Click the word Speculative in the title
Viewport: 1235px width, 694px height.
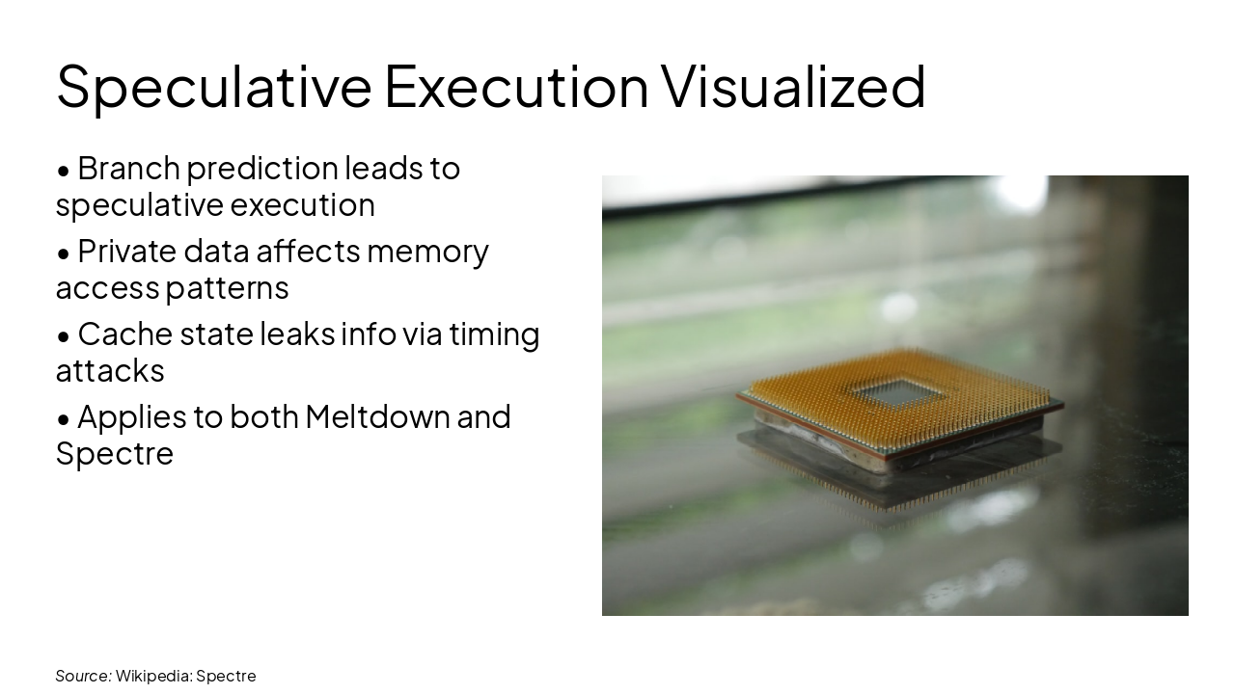point(213,86)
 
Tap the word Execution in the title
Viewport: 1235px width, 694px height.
point(516,86)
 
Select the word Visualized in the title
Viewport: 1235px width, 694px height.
point(793,86)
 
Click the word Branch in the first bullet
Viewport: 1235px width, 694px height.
point(128,168)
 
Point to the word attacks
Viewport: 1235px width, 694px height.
point(110,370)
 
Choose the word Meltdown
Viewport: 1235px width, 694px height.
point(376,416)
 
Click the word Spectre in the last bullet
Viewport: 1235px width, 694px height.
point(114,454)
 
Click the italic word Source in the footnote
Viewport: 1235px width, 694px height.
point(83,676)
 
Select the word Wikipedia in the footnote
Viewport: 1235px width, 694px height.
point(152,676)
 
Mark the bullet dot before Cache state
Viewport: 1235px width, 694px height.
point(64,336)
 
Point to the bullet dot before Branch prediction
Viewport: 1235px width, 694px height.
point(64,171)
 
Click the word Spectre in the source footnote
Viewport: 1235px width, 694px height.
point(226,676)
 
